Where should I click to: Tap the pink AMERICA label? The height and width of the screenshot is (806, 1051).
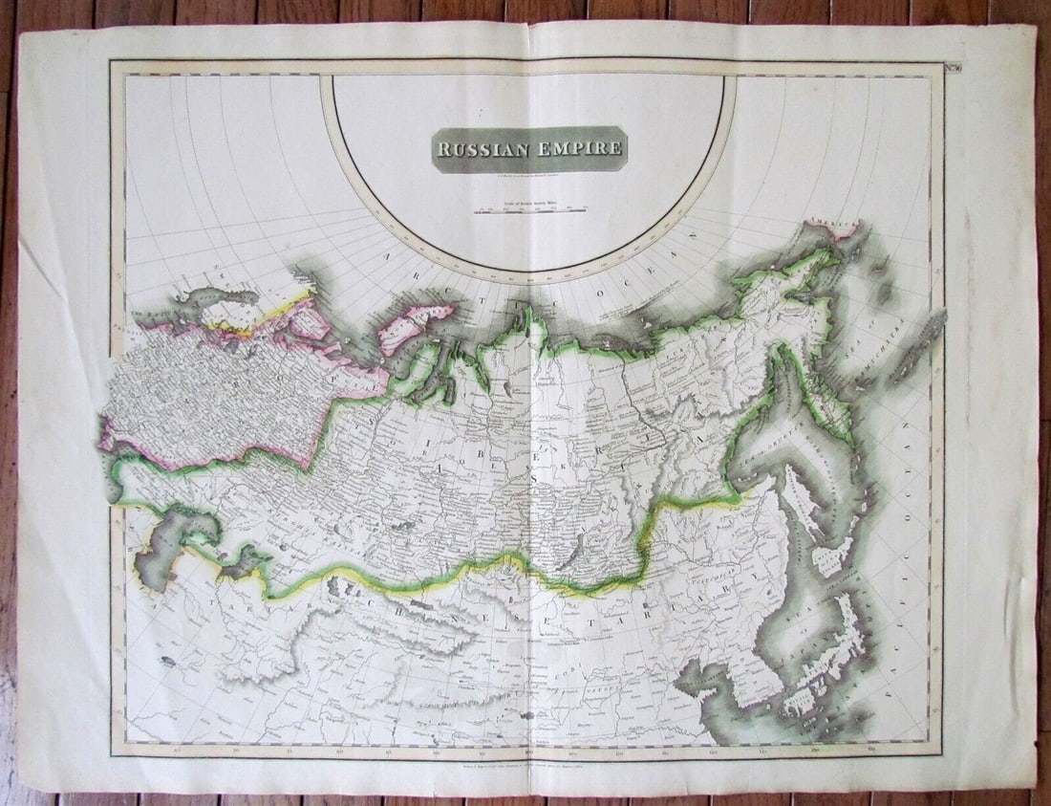(830, 225)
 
